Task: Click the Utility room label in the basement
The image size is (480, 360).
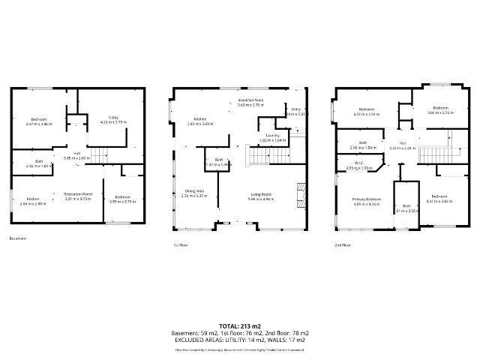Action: point(113,120)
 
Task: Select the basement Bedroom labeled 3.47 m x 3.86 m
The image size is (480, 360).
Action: point(38,121)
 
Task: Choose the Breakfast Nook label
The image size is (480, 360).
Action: point(250,103)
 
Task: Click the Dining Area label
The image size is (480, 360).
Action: point(195,193)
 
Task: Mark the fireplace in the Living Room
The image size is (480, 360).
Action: point(302,193)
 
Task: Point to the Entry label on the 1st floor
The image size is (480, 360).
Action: point(295,111)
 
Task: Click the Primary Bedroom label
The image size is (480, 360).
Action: point(367,201)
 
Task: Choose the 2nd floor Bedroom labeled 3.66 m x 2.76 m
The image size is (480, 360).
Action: point(439,111)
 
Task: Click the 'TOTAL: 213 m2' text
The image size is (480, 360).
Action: point(240,325)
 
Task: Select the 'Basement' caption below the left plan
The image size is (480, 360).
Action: point(18,238)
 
